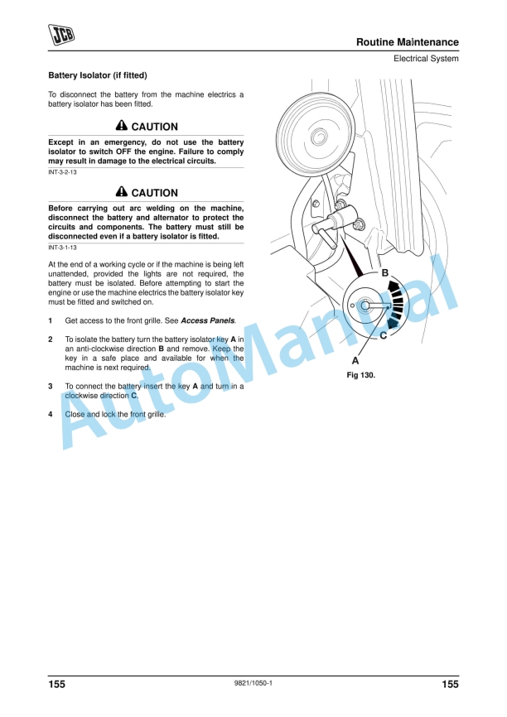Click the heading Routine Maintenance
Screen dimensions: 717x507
pyautogui.click(x=407, y=42)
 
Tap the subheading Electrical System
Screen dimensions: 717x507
pyautogui.click(x=426, y=59)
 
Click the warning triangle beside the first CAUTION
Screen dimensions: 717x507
pyautogui.click(x=122, y=127)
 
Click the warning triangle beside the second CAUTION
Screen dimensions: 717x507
pyautogui.click(x=122, y=193)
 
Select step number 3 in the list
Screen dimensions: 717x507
pyautogui.click(x=51, y=386)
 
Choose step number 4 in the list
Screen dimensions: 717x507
pyautogui.click(x=51, y=414)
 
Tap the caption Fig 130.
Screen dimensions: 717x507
pyautogui.click(x=361, y=375)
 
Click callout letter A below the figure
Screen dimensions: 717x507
pyautogui.click(x=355, y=361)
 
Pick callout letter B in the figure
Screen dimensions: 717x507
pyautogui.click(x=384, y=273)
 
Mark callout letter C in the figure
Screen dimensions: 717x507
pyautogui.click(x=383, y=335)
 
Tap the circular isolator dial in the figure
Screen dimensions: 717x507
pyautogui.click(x=365, y=306)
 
